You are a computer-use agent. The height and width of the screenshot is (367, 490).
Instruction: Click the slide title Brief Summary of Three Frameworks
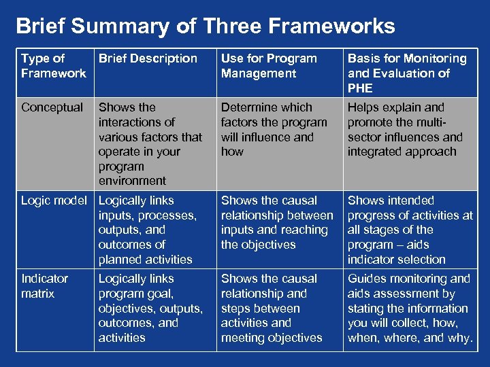[x=206, y=27]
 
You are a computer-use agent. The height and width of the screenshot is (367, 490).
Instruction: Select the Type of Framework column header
[x=53, y=66]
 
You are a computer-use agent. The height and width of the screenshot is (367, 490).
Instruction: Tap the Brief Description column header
[x=148, y=59]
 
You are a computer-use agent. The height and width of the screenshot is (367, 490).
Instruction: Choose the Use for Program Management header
[x=269, y=66]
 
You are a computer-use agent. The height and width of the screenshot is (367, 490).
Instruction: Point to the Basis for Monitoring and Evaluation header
[x=407, y=73]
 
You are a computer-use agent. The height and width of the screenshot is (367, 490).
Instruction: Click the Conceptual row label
[x=52, y=107]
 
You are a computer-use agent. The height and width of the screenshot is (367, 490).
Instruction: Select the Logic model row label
[x=54, y=200]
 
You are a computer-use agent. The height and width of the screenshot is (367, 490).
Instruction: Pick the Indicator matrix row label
[x=45, y=286]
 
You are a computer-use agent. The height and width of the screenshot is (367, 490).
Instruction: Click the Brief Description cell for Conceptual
[x=150, y=144]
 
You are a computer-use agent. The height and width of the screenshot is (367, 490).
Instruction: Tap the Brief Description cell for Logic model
[x=147, y=230]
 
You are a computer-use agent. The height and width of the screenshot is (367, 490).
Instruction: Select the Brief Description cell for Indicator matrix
[x=150, y=308]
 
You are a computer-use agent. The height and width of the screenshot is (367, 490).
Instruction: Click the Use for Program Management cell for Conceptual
[x=274, y=129]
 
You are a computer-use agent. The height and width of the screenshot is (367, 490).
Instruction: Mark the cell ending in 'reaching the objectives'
[x=277, y=222]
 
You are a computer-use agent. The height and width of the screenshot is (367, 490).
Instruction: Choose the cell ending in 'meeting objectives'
[x=272, y=308]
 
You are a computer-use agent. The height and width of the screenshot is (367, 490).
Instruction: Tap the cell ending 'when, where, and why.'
[x=410, y=308]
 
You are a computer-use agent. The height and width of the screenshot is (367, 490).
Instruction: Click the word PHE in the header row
[x=360, y=88]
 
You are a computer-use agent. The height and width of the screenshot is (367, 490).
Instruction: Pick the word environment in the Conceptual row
[x=132, y=181]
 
